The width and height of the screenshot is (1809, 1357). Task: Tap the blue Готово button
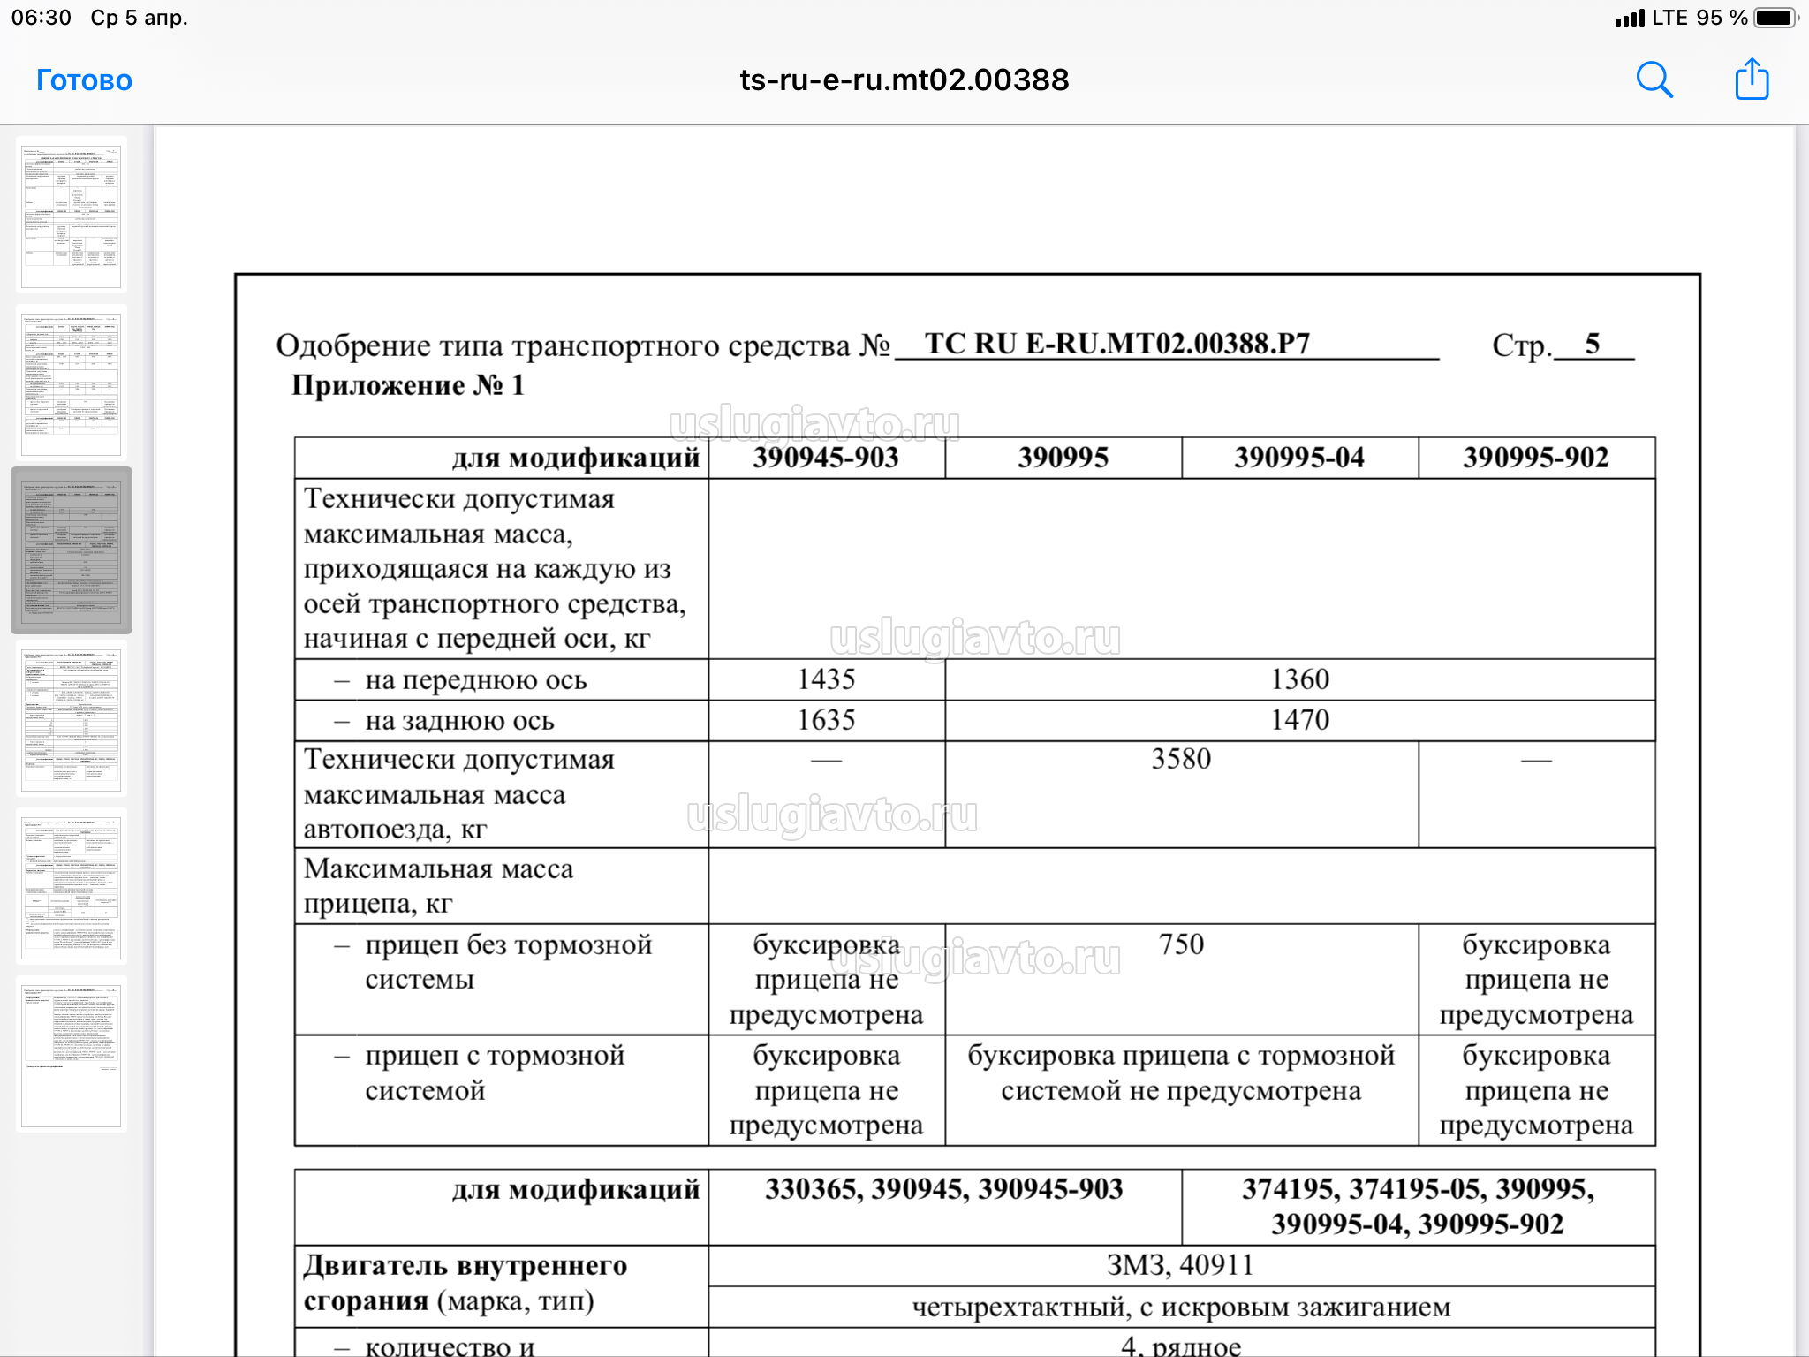pos(84,80)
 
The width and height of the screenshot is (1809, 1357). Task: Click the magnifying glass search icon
pos(1654,80)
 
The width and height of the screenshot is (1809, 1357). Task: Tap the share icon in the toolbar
pos(1752,80)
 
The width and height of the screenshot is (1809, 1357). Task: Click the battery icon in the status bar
pos(1775,18)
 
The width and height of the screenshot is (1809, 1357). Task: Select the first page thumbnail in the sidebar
pos(71,215)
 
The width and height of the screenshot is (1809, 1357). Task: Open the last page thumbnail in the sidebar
pos(71,1054)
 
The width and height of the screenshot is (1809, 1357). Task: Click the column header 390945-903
pos(826,458)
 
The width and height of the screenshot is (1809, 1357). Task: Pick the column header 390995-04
pos(1299,458)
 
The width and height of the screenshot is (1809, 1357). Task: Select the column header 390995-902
pos(1536,458)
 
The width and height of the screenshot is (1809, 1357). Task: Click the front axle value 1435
pos(826,679)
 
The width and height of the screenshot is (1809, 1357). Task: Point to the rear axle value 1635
pos(826,720)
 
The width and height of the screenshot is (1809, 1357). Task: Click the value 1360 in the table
pos(1299,679)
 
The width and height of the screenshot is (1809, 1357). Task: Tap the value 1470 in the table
pos(1299,720)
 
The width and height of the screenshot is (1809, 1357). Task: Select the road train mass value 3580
pos(1181,759)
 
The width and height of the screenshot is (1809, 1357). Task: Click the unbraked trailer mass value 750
pos(1181,944)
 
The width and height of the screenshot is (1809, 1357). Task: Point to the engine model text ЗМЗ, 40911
pos(1180,1265)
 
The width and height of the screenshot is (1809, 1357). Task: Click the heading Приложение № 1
pos(408,385)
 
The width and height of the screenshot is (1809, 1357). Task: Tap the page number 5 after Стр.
pos(1592,344)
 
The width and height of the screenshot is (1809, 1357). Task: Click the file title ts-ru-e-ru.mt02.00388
pos(904,80)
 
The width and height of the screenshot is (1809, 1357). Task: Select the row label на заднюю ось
pos(459,721)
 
